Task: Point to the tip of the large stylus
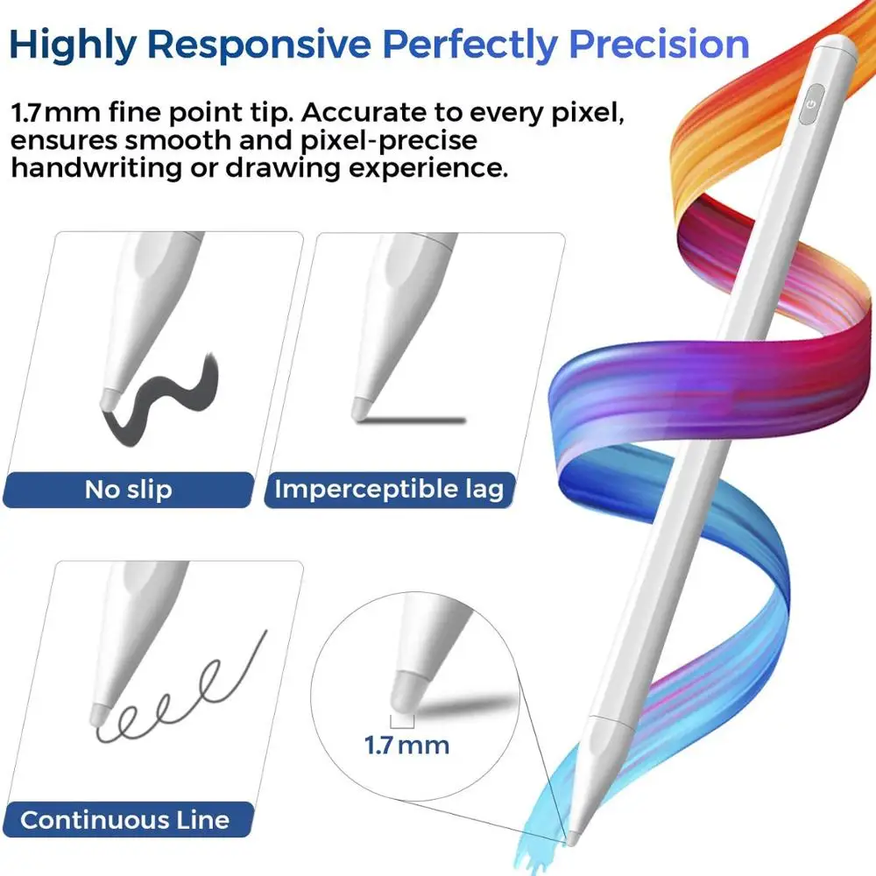(x=571, y=841)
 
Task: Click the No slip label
(x=128, y=489)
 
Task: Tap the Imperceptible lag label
(x=390, y=489)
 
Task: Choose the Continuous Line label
(x=124, y=820)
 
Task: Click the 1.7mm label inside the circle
(x=406, y=745)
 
